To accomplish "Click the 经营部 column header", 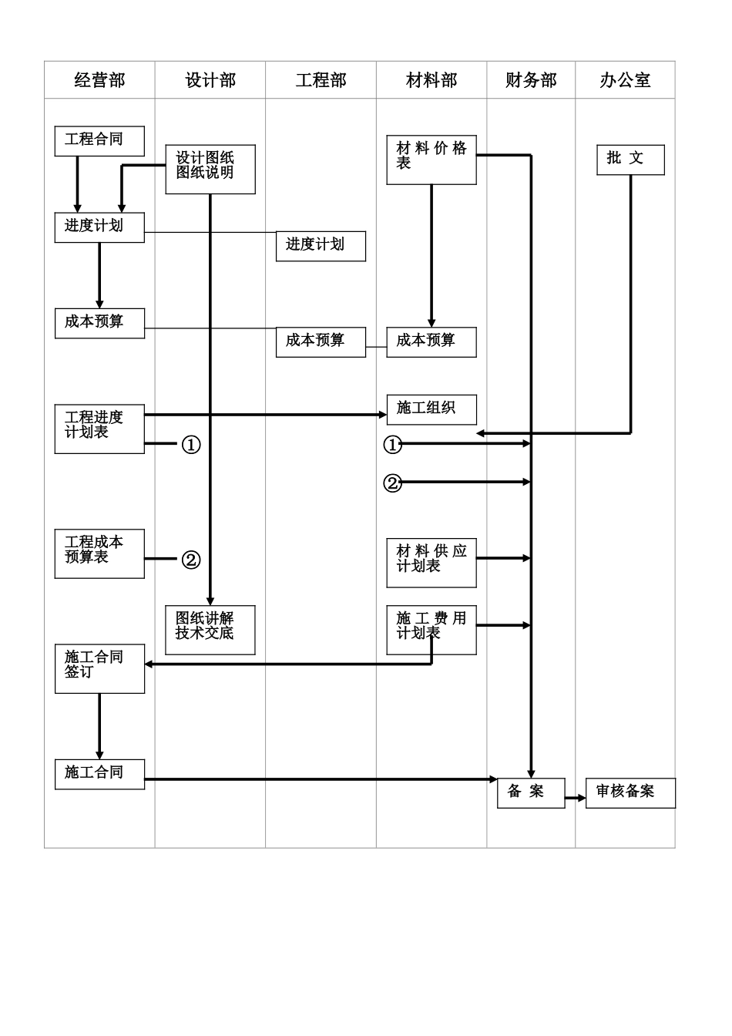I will tap(99, 80).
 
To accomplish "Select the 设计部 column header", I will tap(210, 80).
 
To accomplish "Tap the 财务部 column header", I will tap(531, 80).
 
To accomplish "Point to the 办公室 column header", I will tap(625, 80).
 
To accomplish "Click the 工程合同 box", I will tap(99, 141).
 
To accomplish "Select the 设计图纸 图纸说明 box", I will tap(210, 169).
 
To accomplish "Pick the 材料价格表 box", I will tap(431, 160).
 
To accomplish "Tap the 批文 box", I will tap(630, 160).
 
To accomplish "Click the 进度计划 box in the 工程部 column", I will tap(321, 246).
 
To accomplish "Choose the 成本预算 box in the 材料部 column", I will tap(431, 341).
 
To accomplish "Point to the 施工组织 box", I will tap(431, 409).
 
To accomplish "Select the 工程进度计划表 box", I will tap(99, 429).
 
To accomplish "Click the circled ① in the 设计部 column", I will tap(191, 445).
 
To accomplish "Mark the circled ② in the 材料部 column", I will tap(393, 483).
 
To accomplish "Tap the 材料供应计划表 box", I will tap(431, 563).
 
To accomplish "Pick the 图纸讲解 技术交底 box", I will tap(210, 630).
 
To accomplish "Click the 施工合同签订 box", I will tap(99, 668).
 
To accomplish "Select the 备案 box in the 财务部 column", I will tap(531, 793).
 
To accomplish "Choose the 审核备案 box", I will tap(630, 793).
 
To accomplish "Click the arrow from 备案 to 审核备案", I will tap(576, 799).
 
